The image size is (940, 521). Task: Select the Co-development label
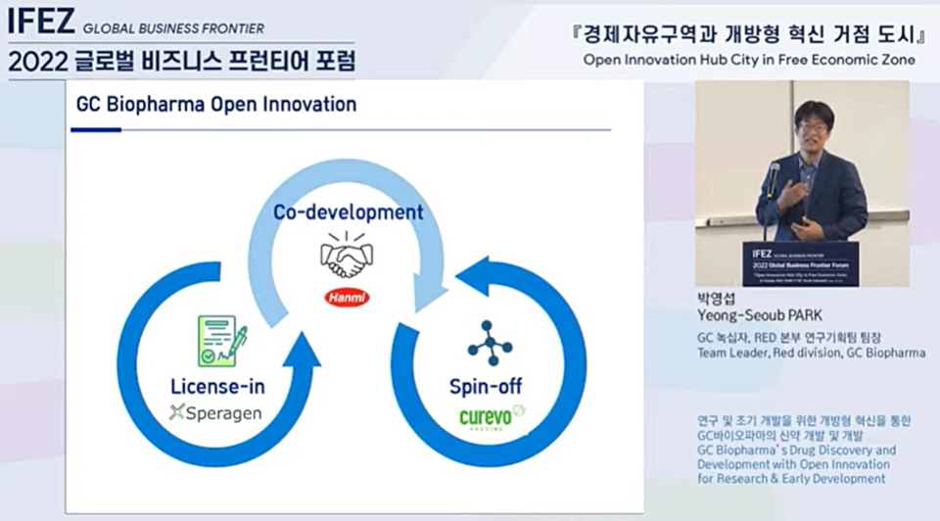coord(348,212)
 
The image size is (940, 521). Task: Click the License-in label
coord(217,386)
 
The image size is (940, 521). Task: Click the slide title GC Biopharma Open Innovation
coord(216,104)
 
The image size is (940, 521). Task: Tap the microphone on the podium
coord(773,177)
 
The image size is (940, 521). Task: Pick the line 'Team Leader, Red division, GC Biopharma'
coord(810,353)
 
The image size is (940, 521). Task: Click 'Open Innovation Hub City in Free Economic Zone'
coord(749,60)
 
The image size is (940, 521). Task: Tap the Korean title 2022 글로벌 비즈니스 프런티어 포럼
coord(181,62)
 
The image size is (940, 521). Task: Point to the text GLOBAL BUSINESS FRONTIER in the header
coord(173,28)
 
